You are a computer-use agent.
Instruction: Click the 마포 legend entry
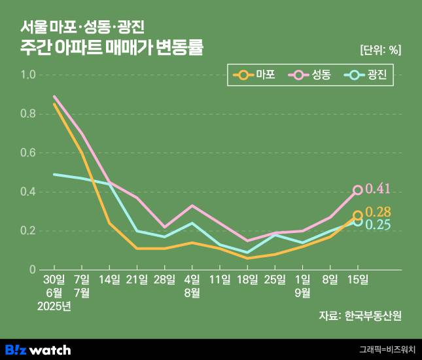tap(256, 75)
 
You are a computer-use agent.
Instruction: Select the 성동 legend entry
tap(311, 75)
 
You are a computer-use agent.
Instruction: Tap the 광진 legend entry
tap(366, 75)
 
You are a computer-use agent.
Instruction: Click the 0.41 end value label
tap(378, 189)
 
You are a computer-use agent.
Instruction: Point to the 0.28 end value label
tap(378, 212)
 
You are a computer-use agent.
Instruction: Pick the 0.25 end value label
tap(378, 225)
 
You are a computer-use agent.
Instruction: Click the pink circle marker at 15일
tap(358, 190)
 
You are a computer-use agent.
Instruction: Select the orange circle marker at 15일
tap(358, 215)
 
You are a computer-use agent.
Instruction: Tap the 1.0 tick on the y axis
tap(28, 75)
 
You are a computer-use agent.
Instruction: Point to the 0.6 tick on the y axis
tap(28, 153)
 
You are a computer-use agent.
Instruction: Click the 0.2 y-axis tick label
tap(28, 231)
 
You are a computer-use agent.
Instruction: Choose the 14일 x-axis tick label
tap(109, 279)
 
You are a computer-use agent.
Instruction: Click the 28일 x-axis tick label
tap(164, 279)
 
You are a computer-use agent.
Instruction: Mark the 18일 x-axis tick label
tap(247, 279)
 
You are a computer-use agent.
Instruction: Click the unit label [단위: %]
tap(380, 49)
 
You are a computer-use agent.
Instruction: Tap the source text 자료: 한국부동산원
tap(360, 315)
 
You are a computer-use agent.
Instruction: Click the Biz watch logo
tap(37, 349)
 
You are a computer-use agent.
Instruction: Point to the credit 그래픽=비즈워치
tap(387, 350)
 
